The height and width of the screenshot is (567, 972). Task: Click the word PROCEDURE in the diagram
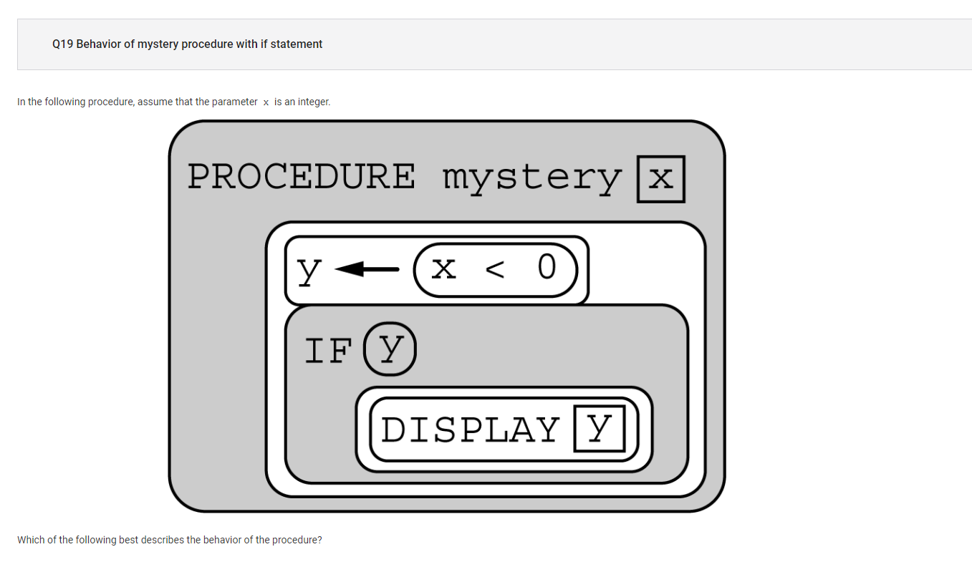click(301, 176)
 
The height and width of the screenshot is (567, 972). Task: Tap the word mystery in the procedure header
click(532, 179)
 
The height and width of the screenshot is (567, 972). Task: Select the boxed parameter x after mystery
click(661, 179)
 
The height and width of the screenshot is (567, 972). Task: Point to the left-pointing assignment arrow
click(367, 269)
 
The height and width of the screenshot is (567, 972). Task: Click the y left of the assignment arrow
click(309, 271)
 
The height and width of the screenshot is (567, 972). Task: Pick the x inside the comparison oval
click(443, 268)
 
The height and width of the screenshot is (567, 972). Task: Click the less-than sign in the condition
click(495, 269)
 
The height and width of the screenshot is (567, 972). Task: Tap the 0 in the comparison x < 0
click(547, 266)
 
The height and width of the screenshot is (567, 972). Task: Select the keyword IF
click(327, 351)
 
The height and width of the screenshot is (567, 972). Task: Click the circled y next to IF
click(390, 349)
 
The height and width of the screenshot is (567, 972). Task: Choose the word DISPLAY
click(471, 430)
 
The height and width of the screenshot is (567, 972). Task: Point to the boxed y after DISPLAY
click(600, 429)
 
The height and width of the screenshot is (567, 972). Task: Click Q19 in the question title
click(62, 44)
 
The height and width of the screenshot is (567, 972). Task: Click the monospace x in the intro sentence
click(266, 103)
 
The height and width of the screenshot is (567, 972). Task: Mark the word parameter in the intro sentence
click(235, 102)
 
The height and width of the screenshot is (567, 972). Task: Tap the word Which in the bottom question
click(31, 540)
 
